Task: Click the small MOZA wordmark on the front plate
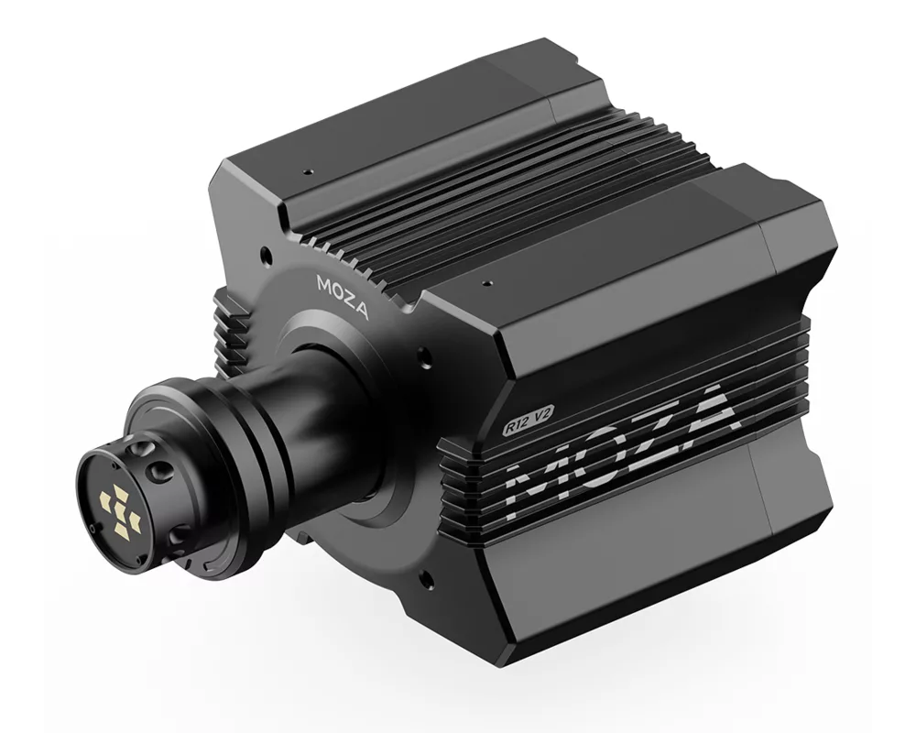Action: point(343,297)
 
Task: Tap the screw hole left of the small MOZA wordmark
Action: point(266,254)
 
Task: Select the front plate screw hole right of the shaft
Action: point(423,355)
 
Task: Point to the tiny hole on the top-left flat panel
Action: point(310,170)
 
